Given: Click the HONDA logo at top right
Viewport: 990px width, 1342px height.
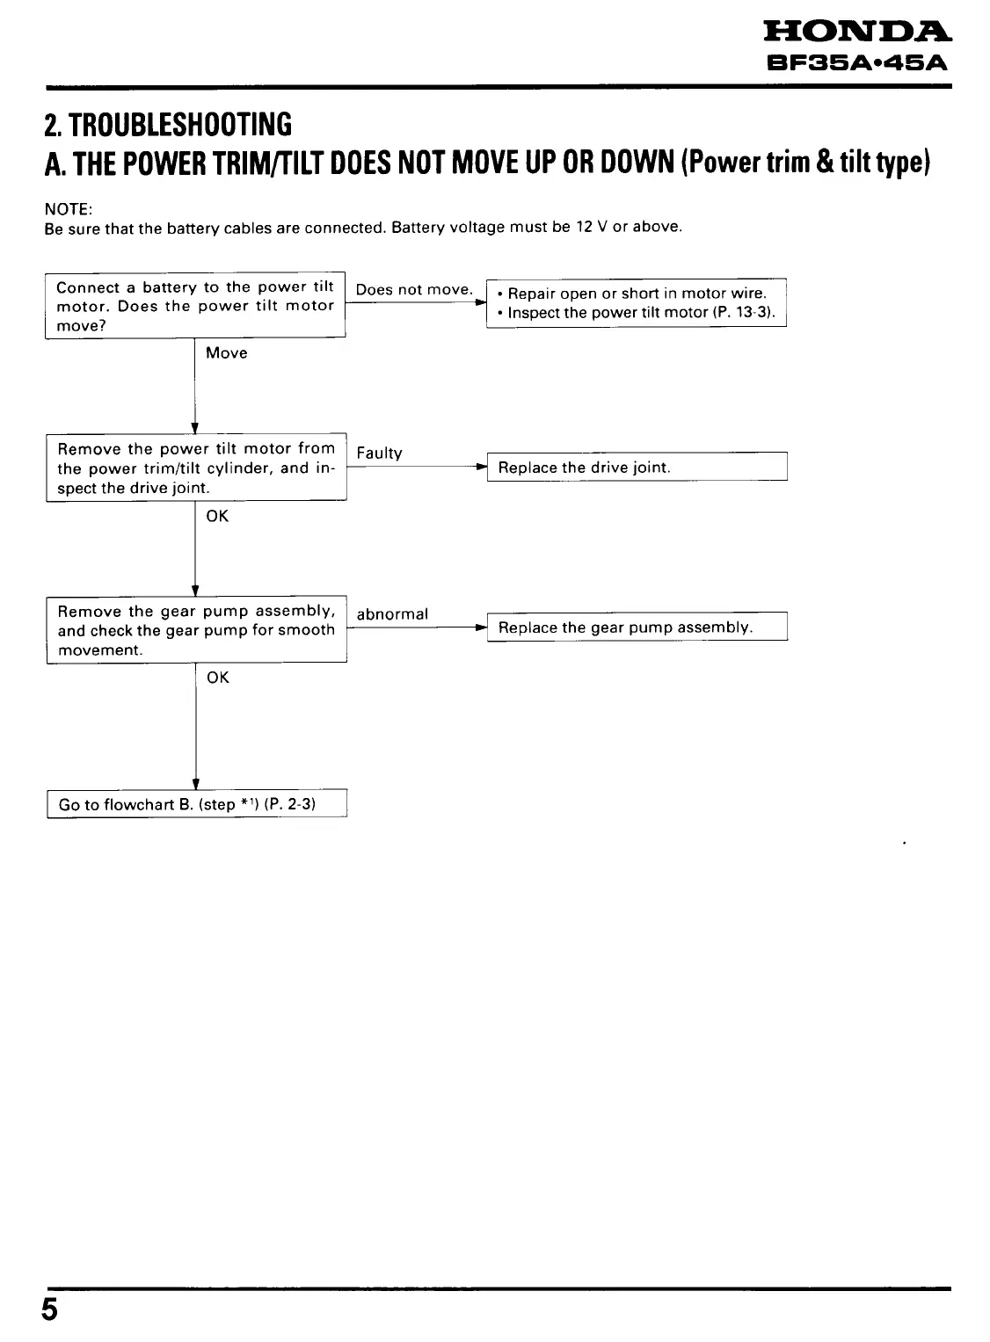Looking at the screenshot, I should coord(858,33).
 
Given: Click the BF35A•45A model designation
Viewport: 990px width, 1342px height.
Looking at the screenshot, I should coord(858,64).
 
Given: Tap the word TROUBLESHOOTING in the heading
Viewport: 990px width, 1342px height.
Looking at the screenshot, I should coord(179,125).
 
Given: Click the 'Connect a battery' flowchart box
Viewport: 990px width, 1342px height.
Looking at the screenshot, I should coord(195,306).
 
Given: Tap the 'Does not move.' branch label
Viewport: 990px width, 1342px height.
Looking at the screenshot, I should coord(414,289).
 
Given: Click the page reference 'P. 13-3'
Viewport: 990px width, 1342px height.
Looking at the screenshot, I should coord(747,312).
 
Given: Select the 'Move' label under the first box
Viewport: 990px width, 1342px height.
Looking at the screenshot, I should coord(226,352).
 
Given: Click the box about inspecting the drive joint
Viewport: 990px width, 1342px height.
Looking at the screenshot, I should coord(196,468).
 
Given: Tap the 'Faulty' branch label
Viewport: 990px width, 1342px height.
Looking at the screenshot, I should coord(379,453).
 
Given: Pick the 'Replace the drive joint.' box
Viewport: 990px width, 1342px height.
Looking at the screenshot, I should coord(637,467).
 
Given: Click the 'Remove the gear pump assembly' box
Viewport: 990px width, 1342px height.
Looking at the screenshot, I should coord(196,629).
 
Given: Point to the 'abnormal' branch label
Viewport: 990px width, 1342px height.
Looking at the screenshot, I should coord(392,613).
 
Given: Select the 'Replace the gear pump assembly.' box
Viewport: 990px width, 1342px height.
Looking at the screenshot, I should coord(637,627).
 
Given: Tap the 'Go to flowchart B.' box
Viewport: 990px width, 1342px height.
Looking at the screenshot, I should coord(197,803).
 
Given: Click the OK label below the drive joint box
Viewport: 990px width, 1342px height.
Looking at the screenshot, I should coord(217,516).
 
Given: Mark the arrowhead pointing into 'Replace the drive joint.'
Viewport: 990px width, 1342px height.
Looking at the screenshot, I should coord(481,467).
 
